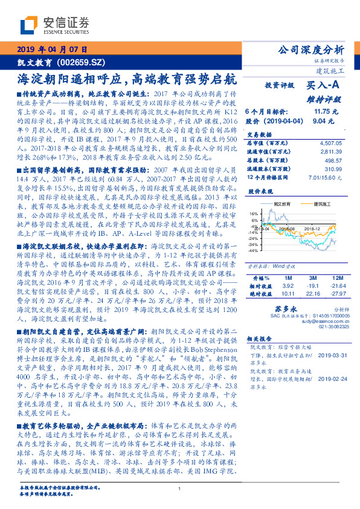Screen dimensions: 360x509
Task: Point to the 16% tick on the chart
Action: click(x=253, y=213)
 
